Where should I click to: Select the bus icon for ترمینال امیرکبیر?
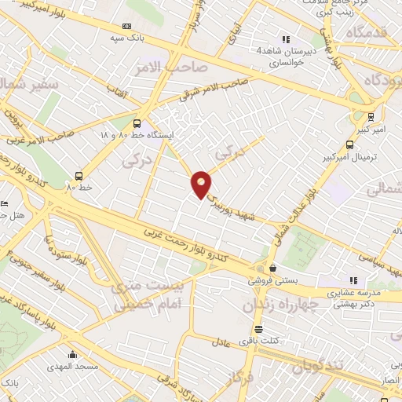(x=349, y=144)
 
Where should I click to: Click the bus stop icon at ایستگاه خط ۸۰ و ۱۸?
(x=138, y=122)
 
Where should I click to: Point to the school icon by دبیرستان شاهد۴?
(x=287, y=39)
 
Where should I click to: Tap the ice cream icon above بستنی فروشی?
(x=272, y=268)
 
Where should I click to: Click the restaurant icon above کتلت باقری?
(x=258, y=329)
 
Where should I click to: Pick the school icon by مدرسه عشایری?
(x=353, y=280)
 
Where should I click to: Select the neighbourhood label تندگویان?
(x=318, y=366)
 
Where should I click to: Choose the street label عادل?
(x=221, y=342)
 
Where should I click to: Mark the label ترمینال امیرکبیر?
(x=368, y=156)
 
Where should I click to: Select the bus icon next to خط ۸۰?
(x=79, y=176)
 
